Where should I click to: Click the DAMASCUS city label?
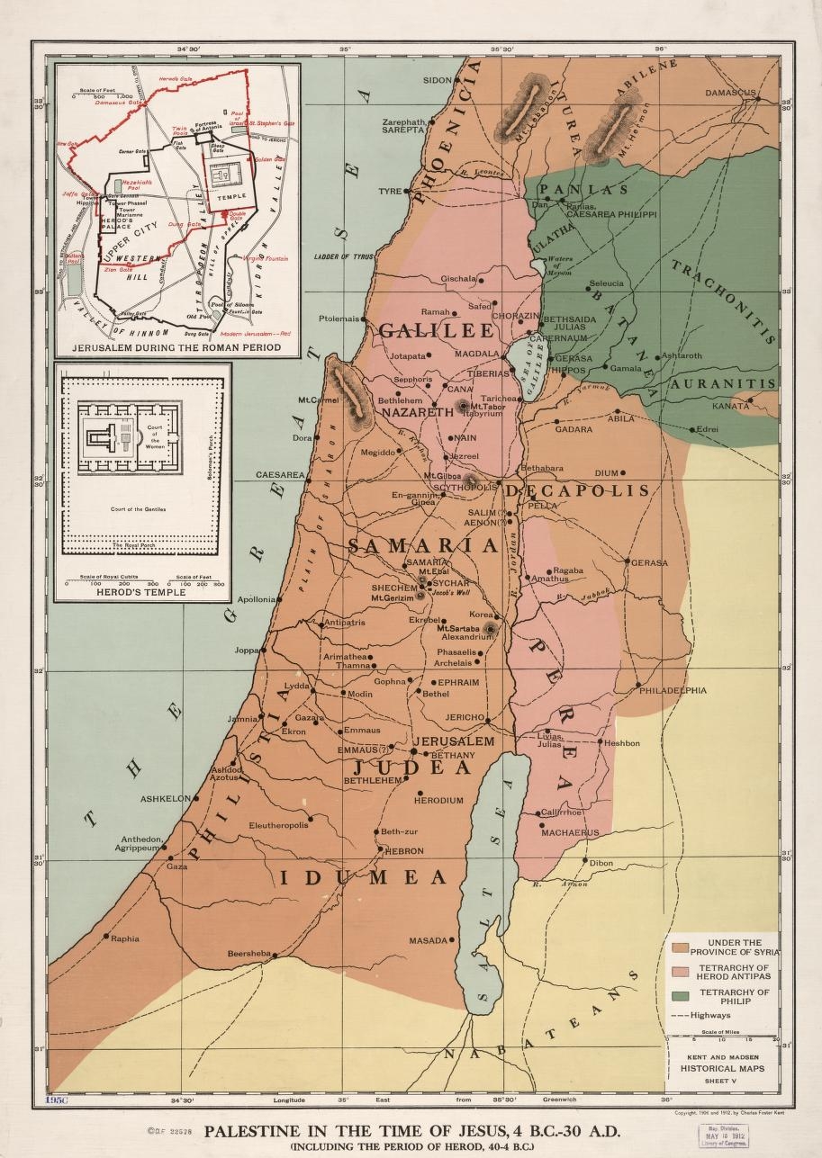[x=730, y=93]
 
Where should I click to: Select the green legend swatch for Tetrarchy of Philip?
[x=681, y=996]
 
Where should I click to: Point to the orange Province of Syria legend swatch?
[x=681, y=947]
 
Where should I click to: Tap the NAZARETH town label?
[x=417, y=412]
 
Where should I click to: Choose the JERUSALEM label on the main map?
[x=454, y=741]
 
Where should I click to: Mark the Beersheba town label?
[x=248, y=954]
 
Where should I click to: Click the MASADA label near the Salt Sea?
[x=428, y=940]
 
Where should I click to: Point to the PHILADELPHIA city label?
[x=673, y=691]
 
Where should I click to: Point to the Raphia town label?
[x=124, y=938]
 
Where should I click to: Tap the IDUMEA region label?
[x=363, y=878]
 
